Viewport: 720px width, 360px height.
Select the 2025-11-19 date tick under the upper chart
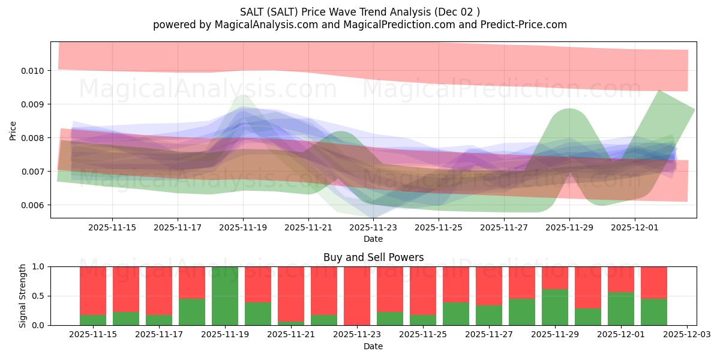tap(243, 228)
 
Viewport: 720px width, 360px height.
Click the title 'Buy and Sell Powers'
tap(373, 257)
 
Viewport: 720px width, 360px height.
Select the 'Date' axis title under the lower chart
tap(373, 346)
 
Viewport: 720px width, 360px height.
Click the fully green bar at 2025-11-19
tap(225, 296)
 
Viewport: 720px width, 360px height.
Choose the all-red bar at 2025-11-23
tap(357, 296)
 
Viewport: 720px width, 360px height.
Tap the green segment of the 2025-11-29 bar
tap(555, 307)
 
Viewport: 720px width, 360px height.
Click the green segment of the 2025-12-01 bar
tap(621, 308)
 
